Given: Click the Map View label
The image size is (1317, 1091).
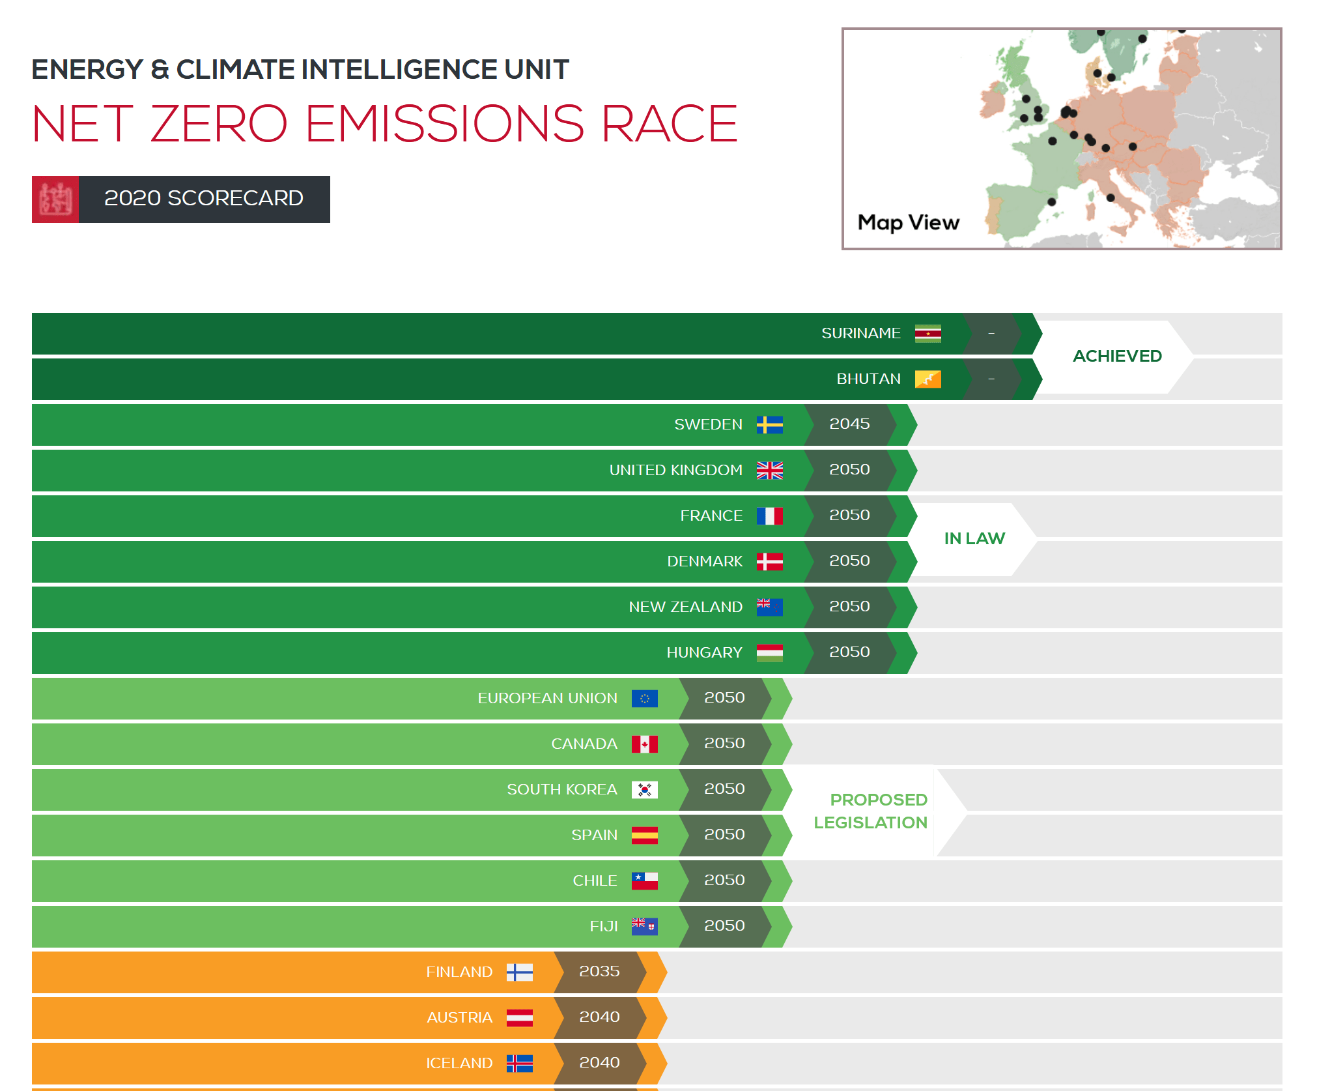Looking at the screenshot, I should click(908, 222).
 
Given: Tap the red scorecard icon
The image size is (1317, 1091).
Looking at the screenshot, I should click(55, 199).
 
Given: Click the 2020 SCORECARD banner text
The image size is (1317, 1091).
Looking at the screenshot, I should click(203, 198).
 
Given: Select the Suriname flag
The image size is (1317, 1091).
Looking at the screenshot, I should click(928, 334).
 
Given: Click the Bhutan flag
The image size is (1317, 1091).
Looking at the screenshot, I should click(928, 379).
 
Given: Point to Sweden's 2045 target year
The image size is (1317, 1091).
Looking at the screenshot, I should click(849, 424).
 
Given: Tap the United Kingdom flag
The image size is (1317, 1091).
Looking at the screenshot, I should click(769, 470).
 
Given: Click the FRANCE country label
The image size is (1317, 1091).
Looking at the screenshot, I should click(711, 516).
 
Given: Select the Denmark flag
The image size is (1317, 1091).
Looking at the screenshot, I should click(769, 561).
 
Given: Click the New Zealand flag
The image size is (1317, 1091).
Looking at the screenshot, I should click(769, 607).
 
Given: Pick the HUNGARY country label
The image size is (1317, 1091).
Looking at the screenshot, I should click(704, 652).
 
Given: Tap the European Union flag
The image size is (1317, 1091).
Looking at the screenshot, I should click(644, 698).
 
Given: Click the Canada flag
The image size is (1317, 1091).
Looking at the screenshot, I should click(644, 744).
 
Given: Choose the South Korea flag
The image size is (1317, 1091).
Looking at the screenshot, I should click(644, 789).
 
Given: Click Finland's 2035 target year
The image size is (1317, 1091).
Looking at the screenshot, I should click(599, 972).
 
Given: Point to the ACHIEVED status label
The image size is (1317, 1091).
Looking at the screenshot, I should click(1117, 356).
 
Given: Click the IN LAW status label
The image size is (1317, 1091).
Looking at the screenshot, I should click(974, 538).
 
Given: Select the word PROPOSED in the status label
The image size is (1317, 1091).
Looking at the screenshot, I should click(879, 800).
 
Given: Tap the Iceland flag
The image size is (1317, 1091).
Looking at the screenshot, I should click(519, 1063).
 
